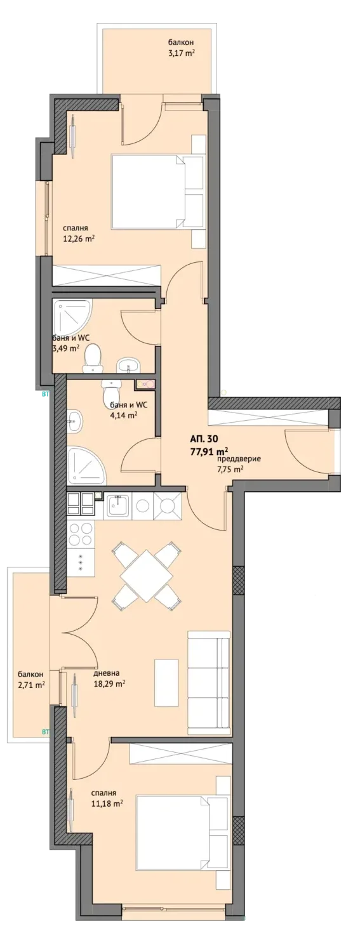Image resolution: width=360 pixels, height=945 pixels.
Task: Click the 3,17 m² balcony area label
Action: [x=181, y=53]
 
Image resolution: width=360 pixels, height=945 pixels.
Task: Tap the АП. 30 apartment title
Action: [x=205, y=440]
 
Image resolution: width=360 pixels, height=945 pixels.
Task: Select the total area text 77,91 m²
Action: [x=210, y=451]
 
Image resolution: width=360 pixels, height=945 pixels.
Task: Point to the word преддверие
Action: [x=239, y=459]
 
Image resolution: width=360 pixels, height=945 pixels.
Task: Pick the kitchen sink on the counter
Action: [x=118, y=505]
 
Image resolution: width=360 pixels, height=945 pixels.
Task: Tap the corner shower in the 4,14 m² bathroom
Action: [x=87, y=466]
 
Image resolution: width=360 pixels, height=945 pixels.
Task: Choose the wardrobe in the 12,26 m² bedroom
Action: [x=107, y=275]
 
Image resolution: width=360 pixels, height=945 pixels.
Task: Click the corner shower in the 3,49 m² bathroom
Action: [x=72, y=317]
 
